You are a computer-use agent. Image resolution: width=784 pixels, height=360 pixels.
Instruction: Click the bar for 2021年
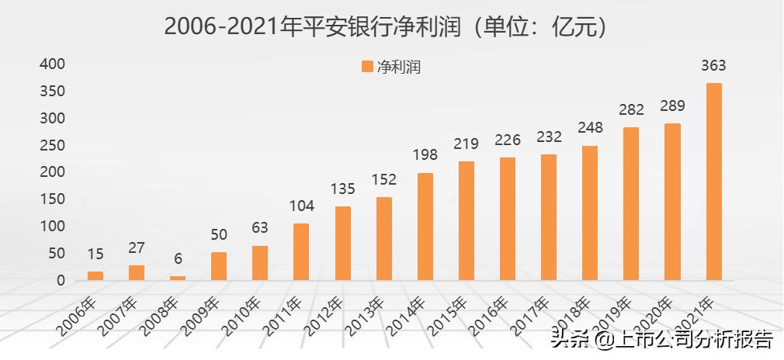coord(713,182)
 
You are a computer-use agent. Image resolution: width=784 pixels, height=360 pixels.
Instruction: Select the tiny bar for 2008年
coord(178,278)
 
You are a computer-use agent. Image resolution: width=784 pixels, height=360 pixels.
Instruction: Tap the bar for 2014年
coord(425,226)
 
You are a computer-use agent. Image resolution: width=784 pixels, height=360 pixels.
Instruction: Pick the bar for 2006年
coord(95,275)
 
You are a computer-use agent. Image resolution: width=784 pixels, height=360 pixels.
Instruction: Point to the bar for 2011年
coord(301,251)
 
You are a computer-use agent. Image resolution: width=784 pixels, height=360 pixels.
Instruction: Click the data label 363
coord(713,66)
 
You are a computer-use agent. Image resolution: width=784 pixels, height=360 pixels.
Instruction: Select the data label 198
coord(425,155)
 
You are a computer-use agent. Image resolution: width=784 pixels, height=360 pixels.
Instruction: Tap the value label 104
coord(301,206)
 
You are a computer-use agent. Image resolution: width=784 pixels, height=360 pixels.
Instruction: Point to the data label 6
coord(178,259)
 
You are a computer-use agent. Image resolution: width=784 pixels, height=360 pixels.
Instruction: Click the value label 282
coord(631,109)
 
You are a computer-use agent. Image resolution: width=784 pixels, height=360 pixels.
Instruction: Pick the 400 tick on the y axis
coord(53,64)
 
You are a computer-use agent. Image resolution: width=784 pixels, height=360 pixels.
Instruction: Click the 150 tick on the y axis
coord(53,199)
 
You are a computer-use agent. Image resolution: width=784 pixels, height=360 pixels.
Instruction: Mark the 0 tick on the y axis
coord(60,280)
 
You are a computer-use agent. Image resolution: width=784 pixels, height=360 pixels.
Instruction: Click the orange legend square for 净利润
coord(367,67)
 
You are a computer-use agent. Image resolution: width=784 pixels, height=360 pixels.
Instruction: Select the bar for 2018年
coord(590,213)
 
